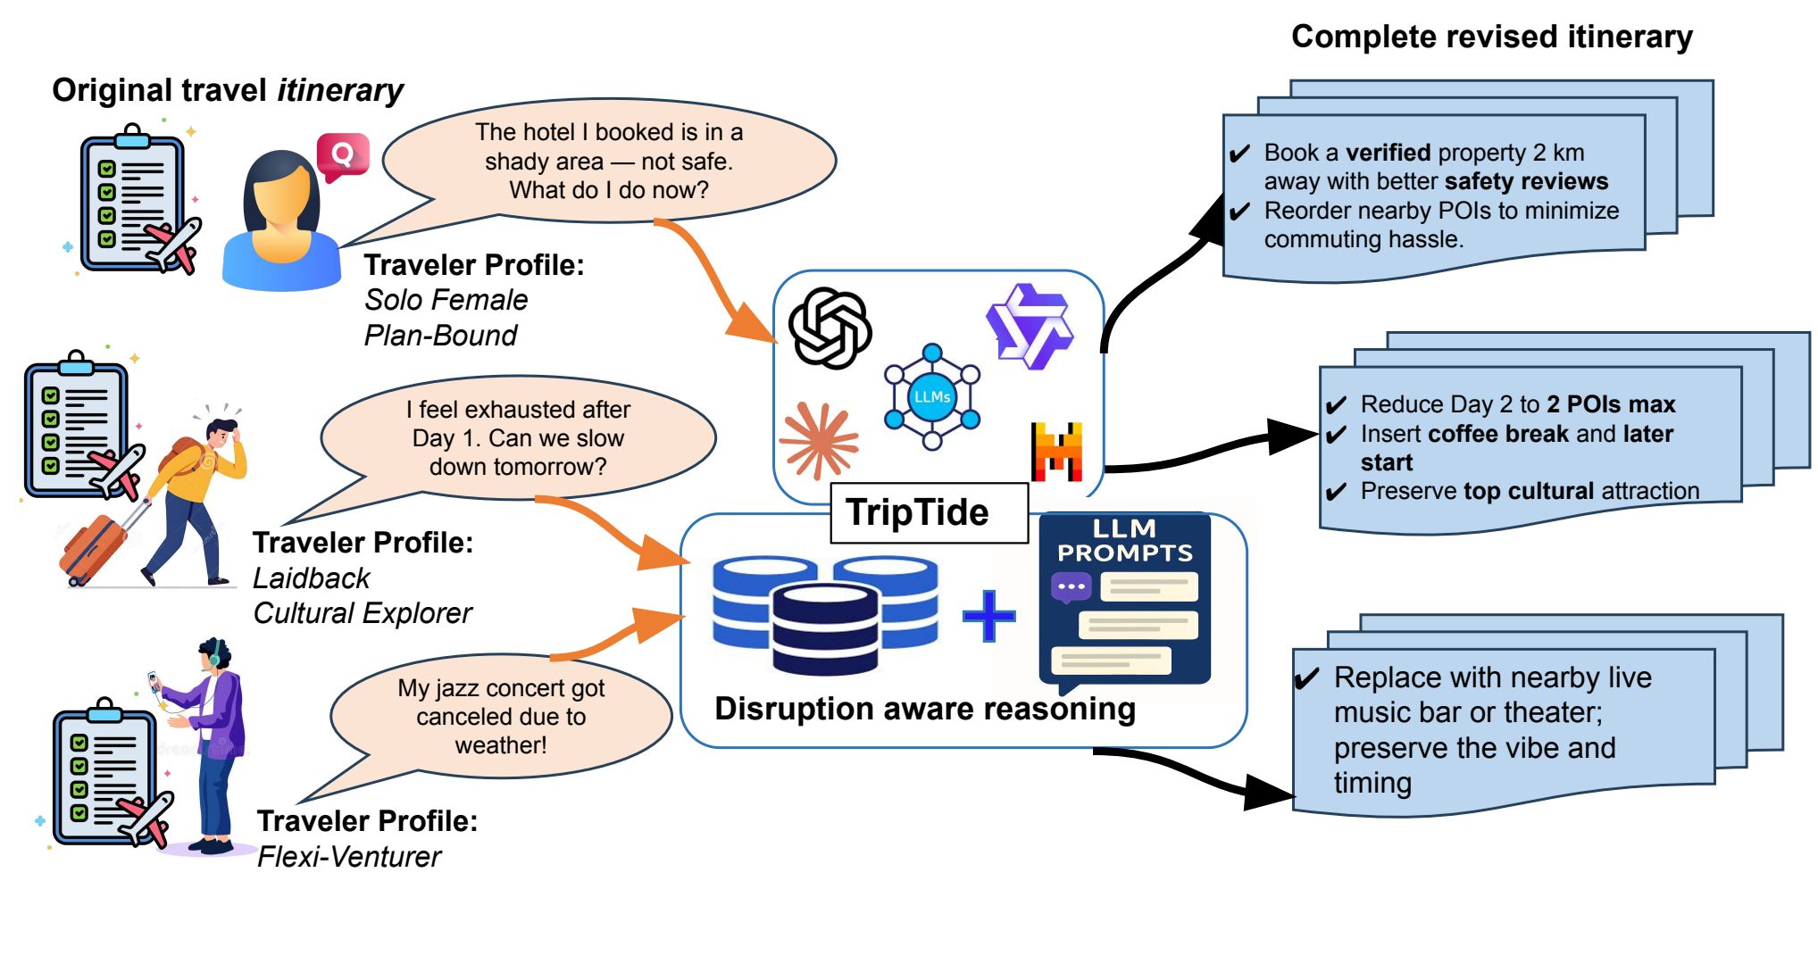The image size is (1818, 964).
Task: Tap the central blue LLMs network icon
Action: pyautogui.click(x=931, y=396)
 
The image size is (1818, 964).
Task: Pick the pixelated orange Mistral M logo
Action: pyautogui.click(x=1056, y=451)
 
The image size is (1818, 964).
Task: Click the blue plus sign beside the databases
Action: pyautogui.click(x=988, y=615)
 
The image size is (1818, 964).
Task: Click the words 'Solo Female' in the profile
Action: pyautogui.click(x=446, y=300)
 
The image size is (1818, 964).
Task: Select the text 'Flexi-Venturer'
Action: pyautogui.click(x=349, y=857)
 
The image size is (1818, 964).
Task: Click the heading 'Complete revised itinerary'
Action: pyautogui.click(x=1491, y=37)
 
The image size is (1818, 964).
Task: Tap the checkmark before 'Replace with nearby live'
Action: pyautogui.click(x=1307, y=679)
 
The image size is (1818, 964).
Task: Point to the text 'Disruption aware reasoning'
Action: pyautogui.click(x=925, y=709)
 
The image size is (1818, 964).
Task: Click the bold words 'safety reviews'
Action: pyautogui.click(x=1526, y=181)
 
